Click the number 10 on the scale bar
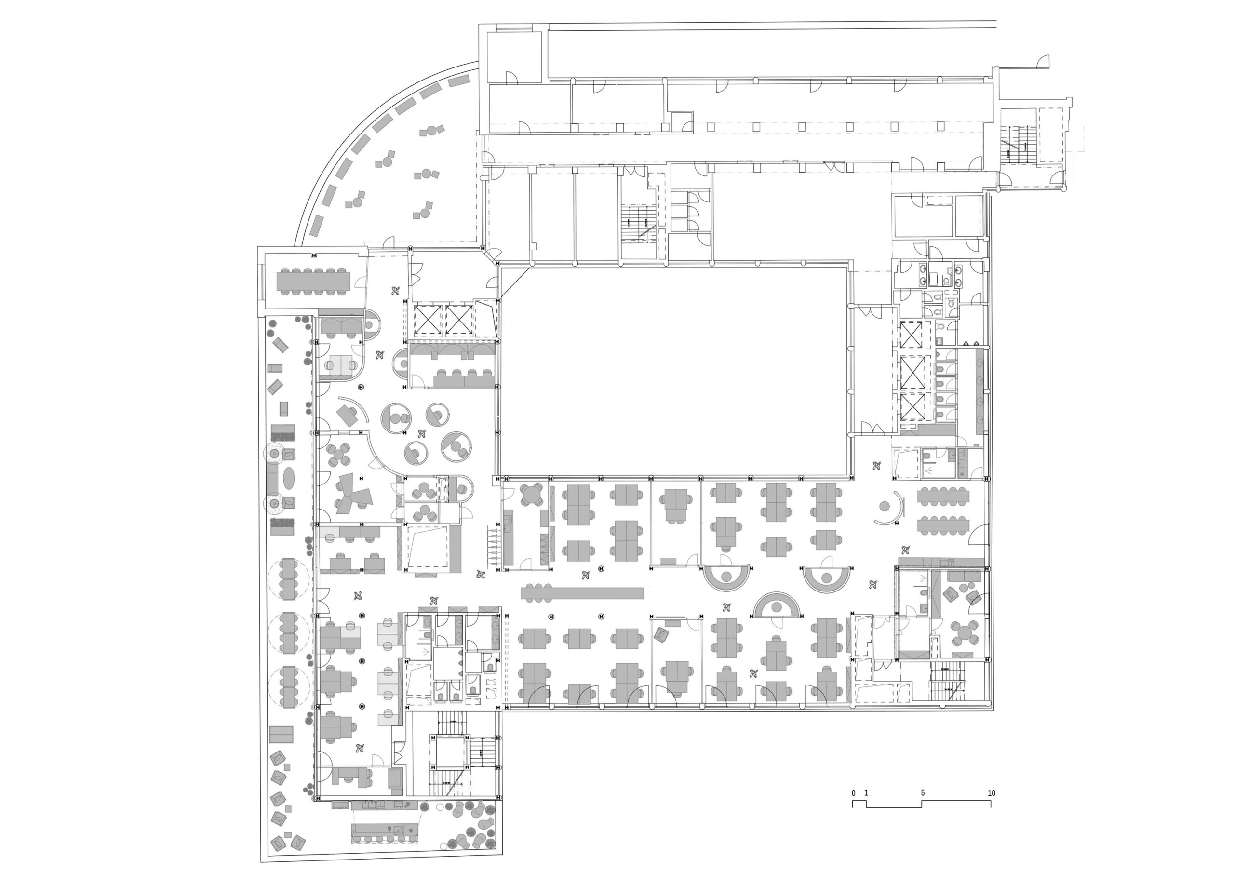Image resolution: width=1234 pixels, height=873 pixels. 991,793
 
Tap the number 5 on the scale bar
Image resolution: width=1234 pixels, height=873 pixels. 922,793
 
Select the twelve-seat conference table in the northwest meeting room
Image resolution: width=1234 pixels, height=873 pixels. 313,281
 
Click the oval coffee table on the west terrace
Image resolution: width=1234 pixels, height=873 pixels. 289,478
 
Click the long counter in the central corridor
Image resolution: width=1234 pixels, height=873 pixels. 582,593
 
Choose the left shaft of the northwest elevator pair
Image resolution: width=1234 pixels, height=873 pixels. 428,321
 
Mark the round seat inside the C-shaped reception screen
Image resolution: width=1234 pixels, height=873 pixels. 885,506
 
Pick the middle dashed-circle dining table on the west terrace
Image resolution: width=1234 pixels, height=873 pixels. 289,633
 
